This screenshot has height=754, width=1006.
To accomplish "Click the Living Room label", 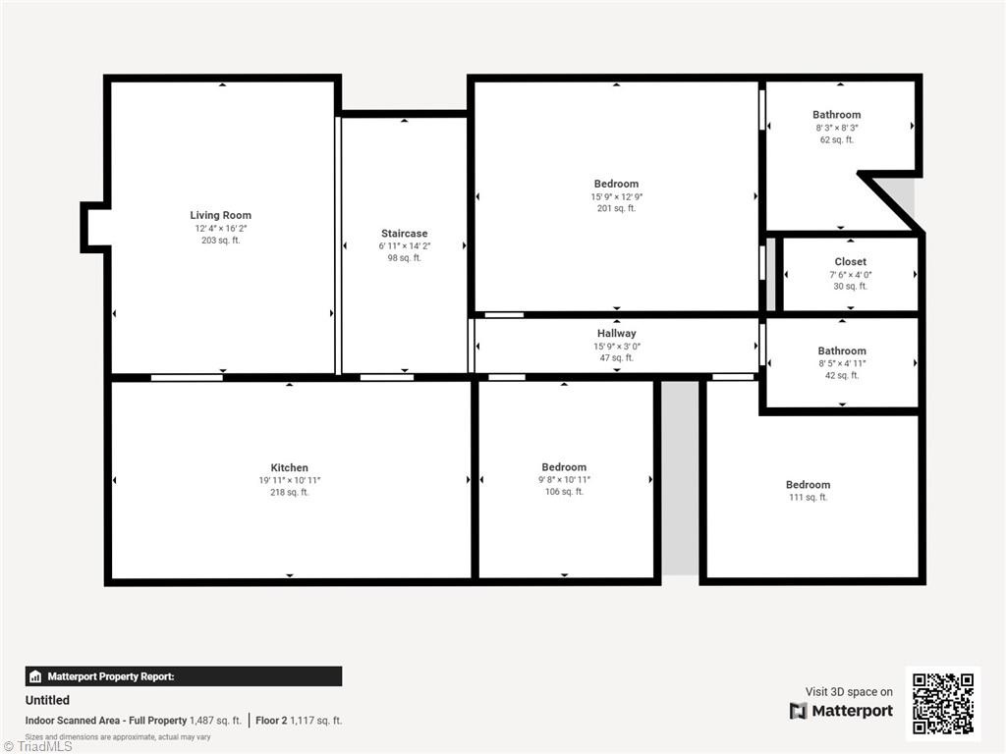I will click(221, 215).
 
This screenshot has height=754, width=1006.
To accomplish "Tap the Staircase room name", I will click(404, 234).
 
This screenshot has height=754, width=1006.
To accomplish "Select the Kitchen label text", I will click(290, 468).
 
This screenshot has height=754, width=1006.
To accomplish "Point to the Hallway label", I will click(617, 334).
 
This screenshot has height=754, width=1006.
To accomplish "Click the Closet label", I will click(851, 262).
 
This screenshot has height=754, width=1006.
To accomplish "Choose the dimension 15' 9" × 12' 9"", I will click(617, 196).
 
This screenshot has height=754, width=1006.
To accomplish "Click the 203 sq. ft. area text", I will click(221, 241).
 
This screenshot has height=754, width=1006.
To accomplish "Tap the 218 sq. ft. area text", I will click(290, 493).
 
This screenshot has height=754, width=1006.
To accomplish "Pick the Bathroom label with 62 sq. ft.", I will click(837, 115).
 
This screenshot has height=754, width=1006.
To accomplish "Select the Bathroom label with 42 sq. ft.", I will click(843, 351).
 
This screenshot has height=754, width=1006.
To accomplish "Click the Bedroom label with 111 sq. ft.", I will click(808, 485).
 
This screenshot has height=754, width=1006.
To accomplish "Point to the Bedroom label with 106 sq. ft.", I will click(564, 467).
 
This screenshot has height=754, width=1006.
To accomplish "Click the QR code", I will click(942, 703).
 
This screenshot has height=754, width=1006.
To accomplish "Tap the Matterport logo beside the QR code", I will click(842, 711).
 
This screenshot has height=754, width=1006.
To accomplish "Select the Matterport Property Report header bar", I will click(184, 676).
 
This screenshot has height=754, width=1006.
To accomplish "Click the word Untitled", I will click(47, 700).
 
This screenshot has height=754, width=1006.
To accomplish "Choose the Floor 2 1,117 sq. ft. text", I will click(299, 721).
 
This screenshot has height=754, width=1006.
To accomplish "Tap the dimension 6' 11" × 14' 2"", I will click(404, 246).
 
